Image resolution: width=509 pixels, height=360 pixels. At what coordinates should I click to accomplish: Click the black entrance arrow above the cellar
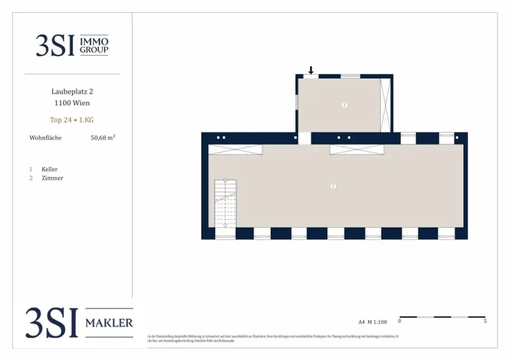pos(311,70)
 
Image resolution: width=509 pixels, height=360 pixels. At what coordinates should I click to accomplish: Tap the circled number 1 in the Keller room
pos(344,105)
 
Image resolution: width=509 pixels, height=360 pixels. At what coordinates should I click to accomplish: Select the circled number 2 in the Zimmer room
pos(333,186)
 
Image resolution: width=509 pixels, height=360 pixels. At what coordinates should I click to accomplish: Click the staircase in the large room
pos(225,203)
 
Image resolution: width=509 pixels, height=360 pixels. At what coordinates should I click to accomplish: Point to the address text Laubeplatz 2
pos(72,91)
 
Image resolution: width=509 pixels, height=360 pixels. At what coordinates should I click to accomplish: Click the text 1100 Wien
pos(72,103)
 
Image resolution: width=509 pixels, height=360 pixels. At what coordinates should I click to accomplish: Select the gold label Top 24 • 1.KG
pos(72,120)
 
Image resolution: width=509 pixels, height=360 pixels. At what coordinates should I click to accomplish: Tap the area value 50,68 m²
pos(103,138)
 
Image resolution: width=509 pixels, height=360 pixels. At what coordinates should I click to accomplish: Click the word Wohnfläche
pos(46,138)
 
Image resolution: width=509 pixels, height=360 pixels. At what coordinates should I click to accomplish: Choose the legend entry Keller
pos(50,169)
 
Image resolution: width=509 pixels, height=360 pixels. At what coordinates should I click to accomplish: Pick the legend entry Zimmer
pos(52,178)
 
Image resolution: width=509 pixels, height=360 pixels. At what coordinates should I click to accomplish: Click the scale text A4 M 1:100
pos(372,322)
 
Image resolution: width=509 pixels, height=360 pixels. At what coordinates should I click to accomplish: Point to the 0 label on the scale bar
pos(400,321)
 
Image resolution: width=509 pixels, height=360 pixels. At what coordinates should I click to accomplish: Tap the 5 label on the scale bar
pos(485,321)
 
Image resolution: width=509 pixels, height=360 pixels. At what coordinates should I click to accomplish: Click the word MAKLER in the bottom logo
pos(109,323)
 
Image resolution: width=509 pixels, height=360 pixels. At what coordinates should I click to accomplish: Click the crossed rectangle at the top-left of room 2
pos(235,149)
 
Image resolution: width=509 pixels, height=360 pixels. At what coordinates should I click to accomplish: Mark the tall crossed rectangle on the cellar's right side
pos(386,105)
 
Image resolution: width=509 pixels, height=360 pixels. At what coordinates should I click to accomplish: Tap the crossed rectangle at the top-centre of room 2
pos(357,149)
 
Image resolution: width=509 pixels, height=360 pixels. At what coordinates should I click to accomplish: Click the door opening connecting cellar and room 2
pos(304,138)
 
